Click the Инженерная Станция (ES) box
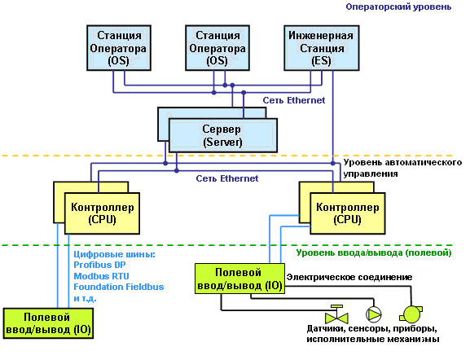point(322,48)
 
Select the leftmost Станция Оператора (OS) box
point(119,48)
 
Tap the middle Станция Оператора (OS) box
point(217,48)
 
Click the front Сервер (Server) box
point(223,135)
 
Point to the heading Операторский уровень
point(398,7)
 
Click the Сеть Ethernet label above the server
point(294,100)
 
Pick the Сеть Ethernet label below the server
point(227,178)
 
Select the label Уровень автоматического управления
point(402,168)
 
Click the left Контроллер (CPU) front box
point(102,213)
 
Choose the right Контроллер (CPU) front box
point(347,213)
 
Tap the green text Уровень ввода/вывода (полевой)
point(374,252)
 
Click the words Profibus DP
point(99,265)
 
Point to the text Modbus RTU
point(101,276)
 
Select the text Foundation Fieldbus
point(119,287)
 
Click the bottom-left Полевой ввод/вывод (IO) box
point(48,323)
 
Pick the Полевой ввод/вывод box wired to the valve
point(239,279)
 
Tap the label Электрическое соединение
point(349,277)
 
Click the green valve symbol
point(336,314)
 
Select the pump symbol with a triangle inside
point(374,314)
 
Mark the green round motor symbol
point(411,314)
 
